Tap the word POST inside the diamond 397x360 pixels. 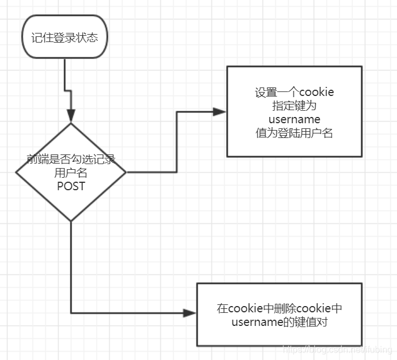71,186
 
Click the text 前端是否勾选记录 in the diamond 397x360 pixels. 71,159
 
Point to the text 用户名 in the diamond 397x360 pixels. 71,173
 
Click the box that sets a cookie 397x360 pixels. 294,111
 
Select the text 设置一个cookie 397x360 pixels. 294,93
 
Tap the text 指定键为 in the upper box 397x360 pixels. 294,106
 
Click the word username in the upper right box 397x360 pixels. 294,120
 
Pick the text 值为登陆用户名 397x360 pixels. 294,133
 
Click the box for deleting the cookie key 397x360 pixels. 279,314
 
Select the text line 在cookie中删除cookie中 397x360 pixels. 279,308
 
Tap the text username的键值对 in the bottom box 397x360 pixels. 279,322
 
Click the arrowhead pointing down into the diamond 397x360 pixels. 71,117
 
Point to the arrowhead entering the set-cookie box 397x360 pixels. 220,112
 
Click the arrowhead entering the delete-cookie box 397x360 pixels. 190,313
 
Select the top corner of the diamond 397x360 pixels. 71,124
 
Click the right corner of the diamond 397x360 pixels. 126,172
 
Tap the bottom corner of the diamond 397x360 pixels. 71,221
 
